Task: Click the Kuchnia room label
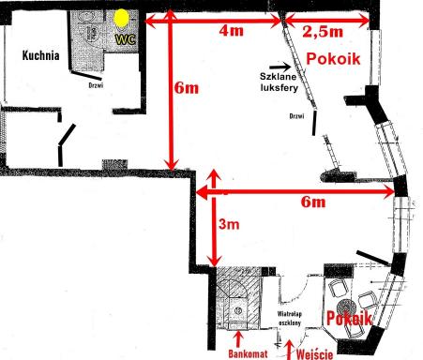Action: [40, 55]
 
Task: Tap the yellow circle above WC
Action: [121, 18]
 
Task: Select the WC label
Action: [126, 39]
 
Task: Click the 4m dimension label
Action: [232, 31]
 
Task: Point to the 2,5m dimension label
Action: [323, 31]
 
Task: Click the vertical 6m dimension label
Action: [187, 87]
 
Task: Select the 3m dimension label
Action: [229, 224]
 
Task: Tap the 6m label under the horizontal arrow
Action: [313, 202]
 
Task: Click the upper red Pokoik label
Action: [333, 59]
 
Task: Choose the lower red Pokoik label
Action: [349, 319]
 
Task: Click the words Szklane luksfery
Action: [279, 82]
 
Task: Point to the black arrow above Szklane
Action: [280, 67]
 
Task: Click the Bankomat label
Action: [248, 353]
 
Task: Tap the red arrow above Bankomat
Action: [239, 339]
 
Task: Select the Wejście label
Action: [314, 354]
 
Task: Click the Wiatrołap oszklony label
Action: [290, 318]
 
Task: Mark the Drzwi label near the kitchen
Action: [96, 85]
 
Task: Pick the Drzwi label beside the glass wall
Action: [296, 116]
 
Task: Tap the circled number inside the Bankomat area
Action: [238, 310]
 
